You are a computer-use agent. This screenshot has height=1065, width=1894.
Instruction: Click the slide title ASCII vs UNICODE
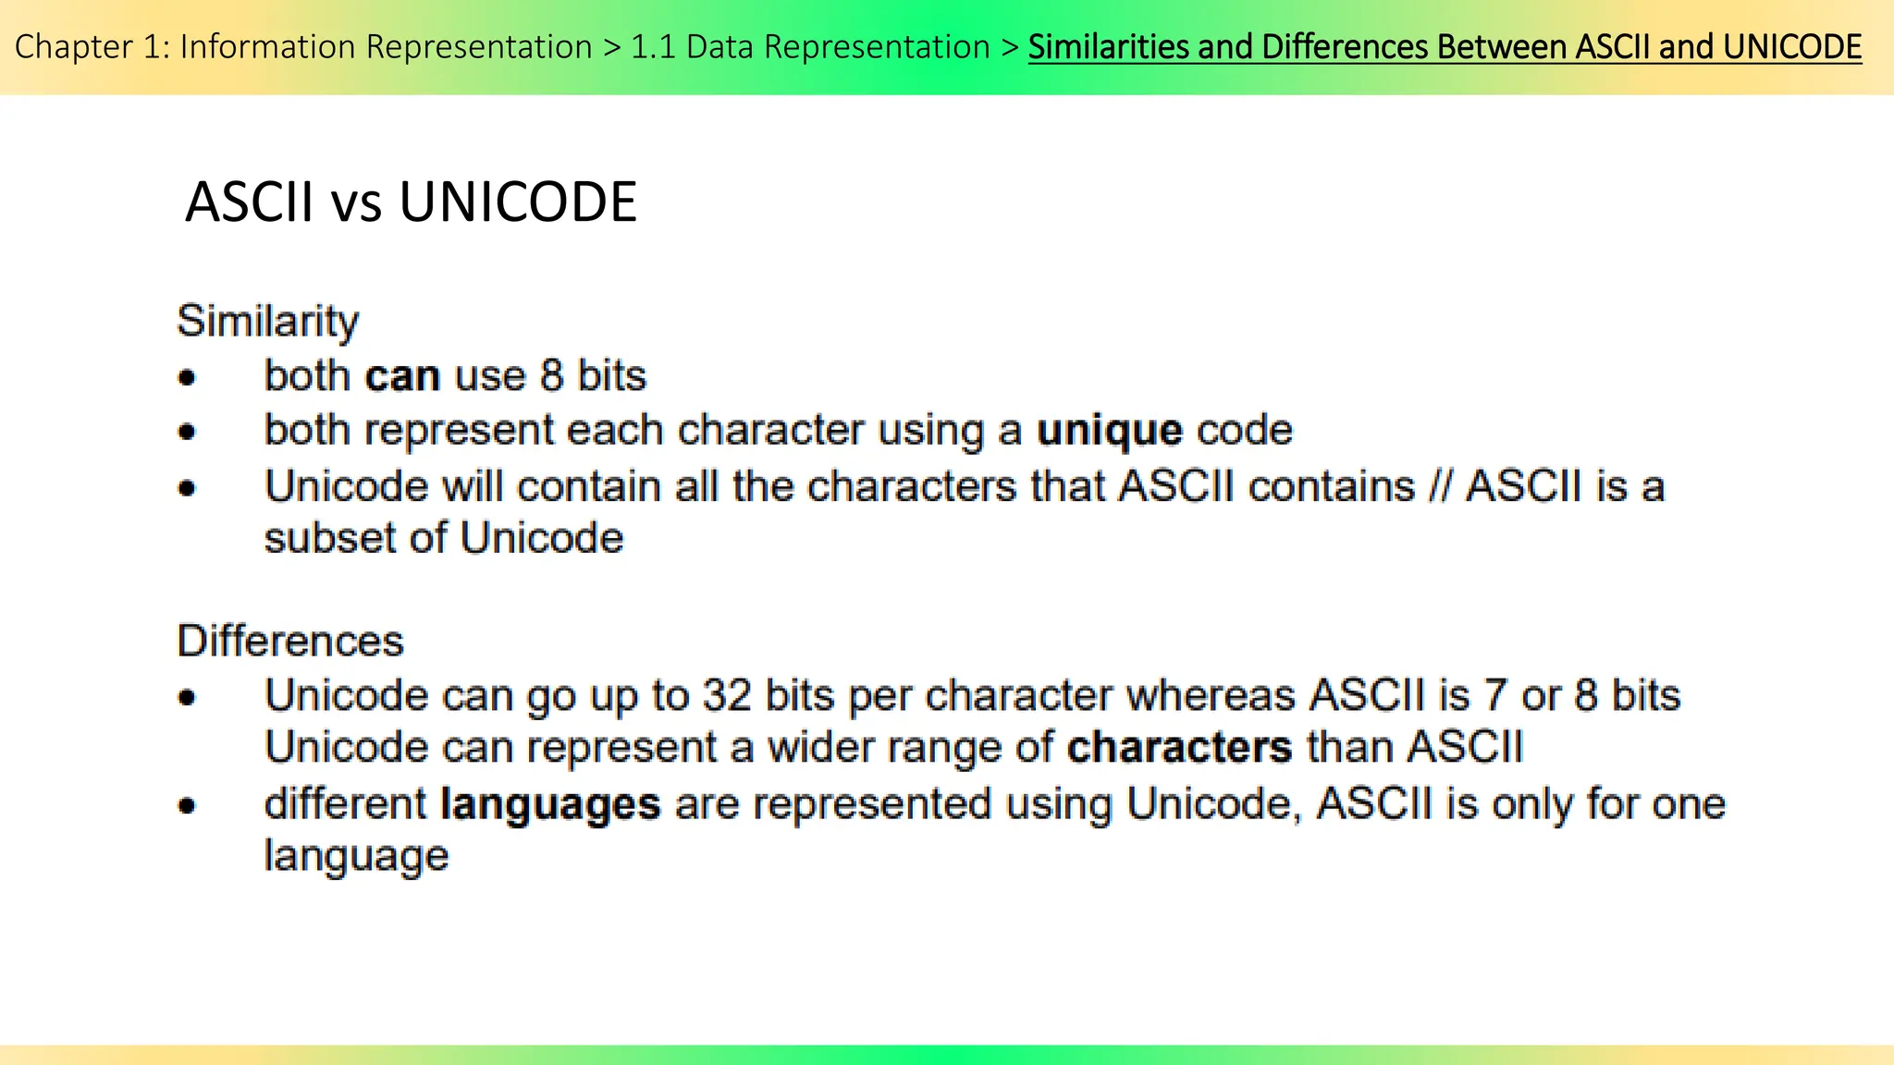point(411,202)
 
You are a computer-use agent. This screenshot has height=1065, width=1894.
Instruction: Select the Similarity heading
point(267,322)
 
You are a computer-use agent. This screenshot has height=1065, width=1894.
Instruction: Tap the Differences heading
point(290,641)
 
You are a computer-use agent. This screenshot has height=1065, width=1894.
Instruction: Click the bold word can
point(401,376)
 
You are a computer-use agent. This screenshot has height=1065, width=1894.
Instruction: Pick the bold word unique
point(1109,431)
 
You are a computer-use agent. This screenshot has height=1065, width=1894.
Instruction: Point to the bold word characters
point(1179,747)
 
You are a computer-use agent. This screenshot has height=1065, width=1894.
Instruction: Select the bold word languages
point(550,804)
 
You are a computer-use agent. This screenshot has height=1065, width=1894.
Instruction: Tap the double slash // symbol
point(1440,486)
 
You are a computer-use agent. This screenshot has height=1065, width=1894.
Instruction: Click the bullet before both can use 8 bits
point(188,377)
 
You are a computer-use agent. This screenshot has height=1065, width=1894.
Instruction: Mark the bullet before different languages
point(188,806)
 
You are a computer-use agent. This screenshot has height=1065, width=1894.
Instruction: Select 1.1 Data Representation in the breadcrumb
point(810,46)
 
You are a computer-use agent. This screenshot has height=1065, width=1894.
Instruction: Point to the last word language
point(356,856)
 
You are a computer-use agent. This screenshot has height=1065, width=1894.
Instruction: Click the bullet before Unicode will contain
point(188,487)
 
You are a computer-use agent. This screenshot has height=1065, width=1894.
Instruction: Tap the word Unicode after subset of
point(542,538)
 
